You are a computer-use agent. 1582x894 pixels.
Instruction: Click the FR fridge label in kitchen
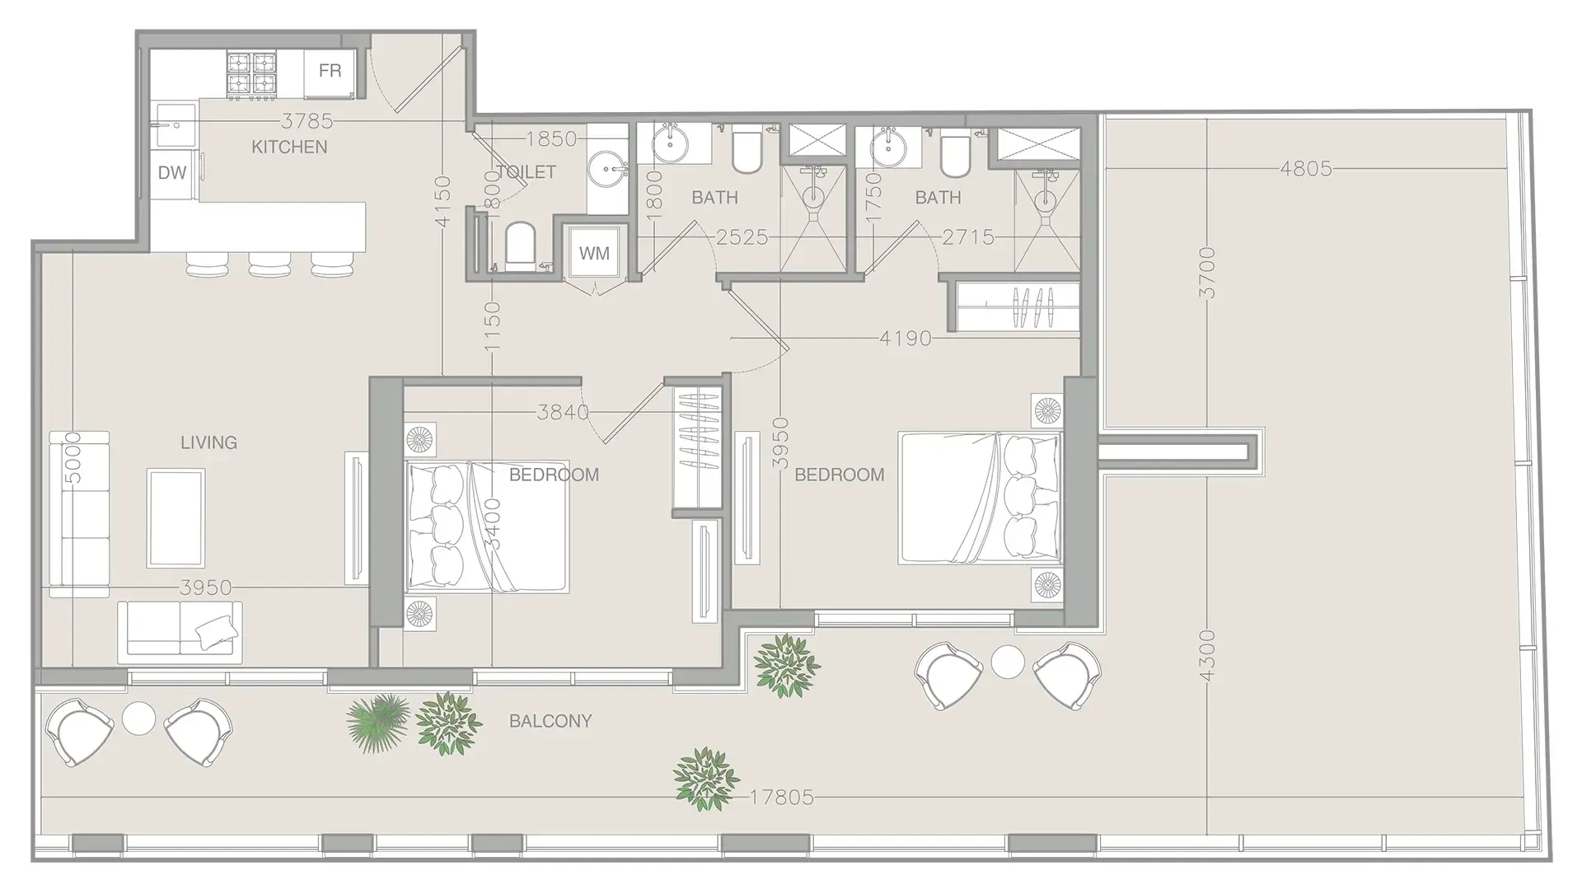330,71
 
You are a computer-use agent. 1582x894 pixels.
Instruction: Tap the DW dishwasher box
172,173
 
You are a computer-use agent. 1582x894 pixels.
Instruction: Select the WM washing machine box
594,253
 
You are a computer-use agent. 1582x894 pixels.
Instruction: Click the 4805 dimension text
1305,169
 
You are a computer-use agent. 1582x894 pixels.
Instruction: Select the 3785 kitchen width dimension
307,122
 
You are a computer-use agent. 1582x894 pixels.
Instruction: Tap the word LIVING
208,442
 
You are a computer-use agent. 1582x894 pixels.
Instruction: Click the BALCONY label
550,721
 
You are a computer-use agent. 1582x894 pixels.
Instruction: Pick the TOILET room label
526,172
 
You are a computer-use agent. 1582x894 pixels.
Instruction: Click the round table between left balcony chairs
138,719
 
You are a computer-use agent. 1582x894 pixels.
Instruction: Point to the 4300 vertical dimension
1207,655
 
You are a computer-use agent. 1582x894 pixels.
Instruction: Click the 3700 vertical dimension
1207,272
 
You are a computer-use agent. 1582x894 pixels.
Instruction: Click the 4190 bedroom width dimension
905,338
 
